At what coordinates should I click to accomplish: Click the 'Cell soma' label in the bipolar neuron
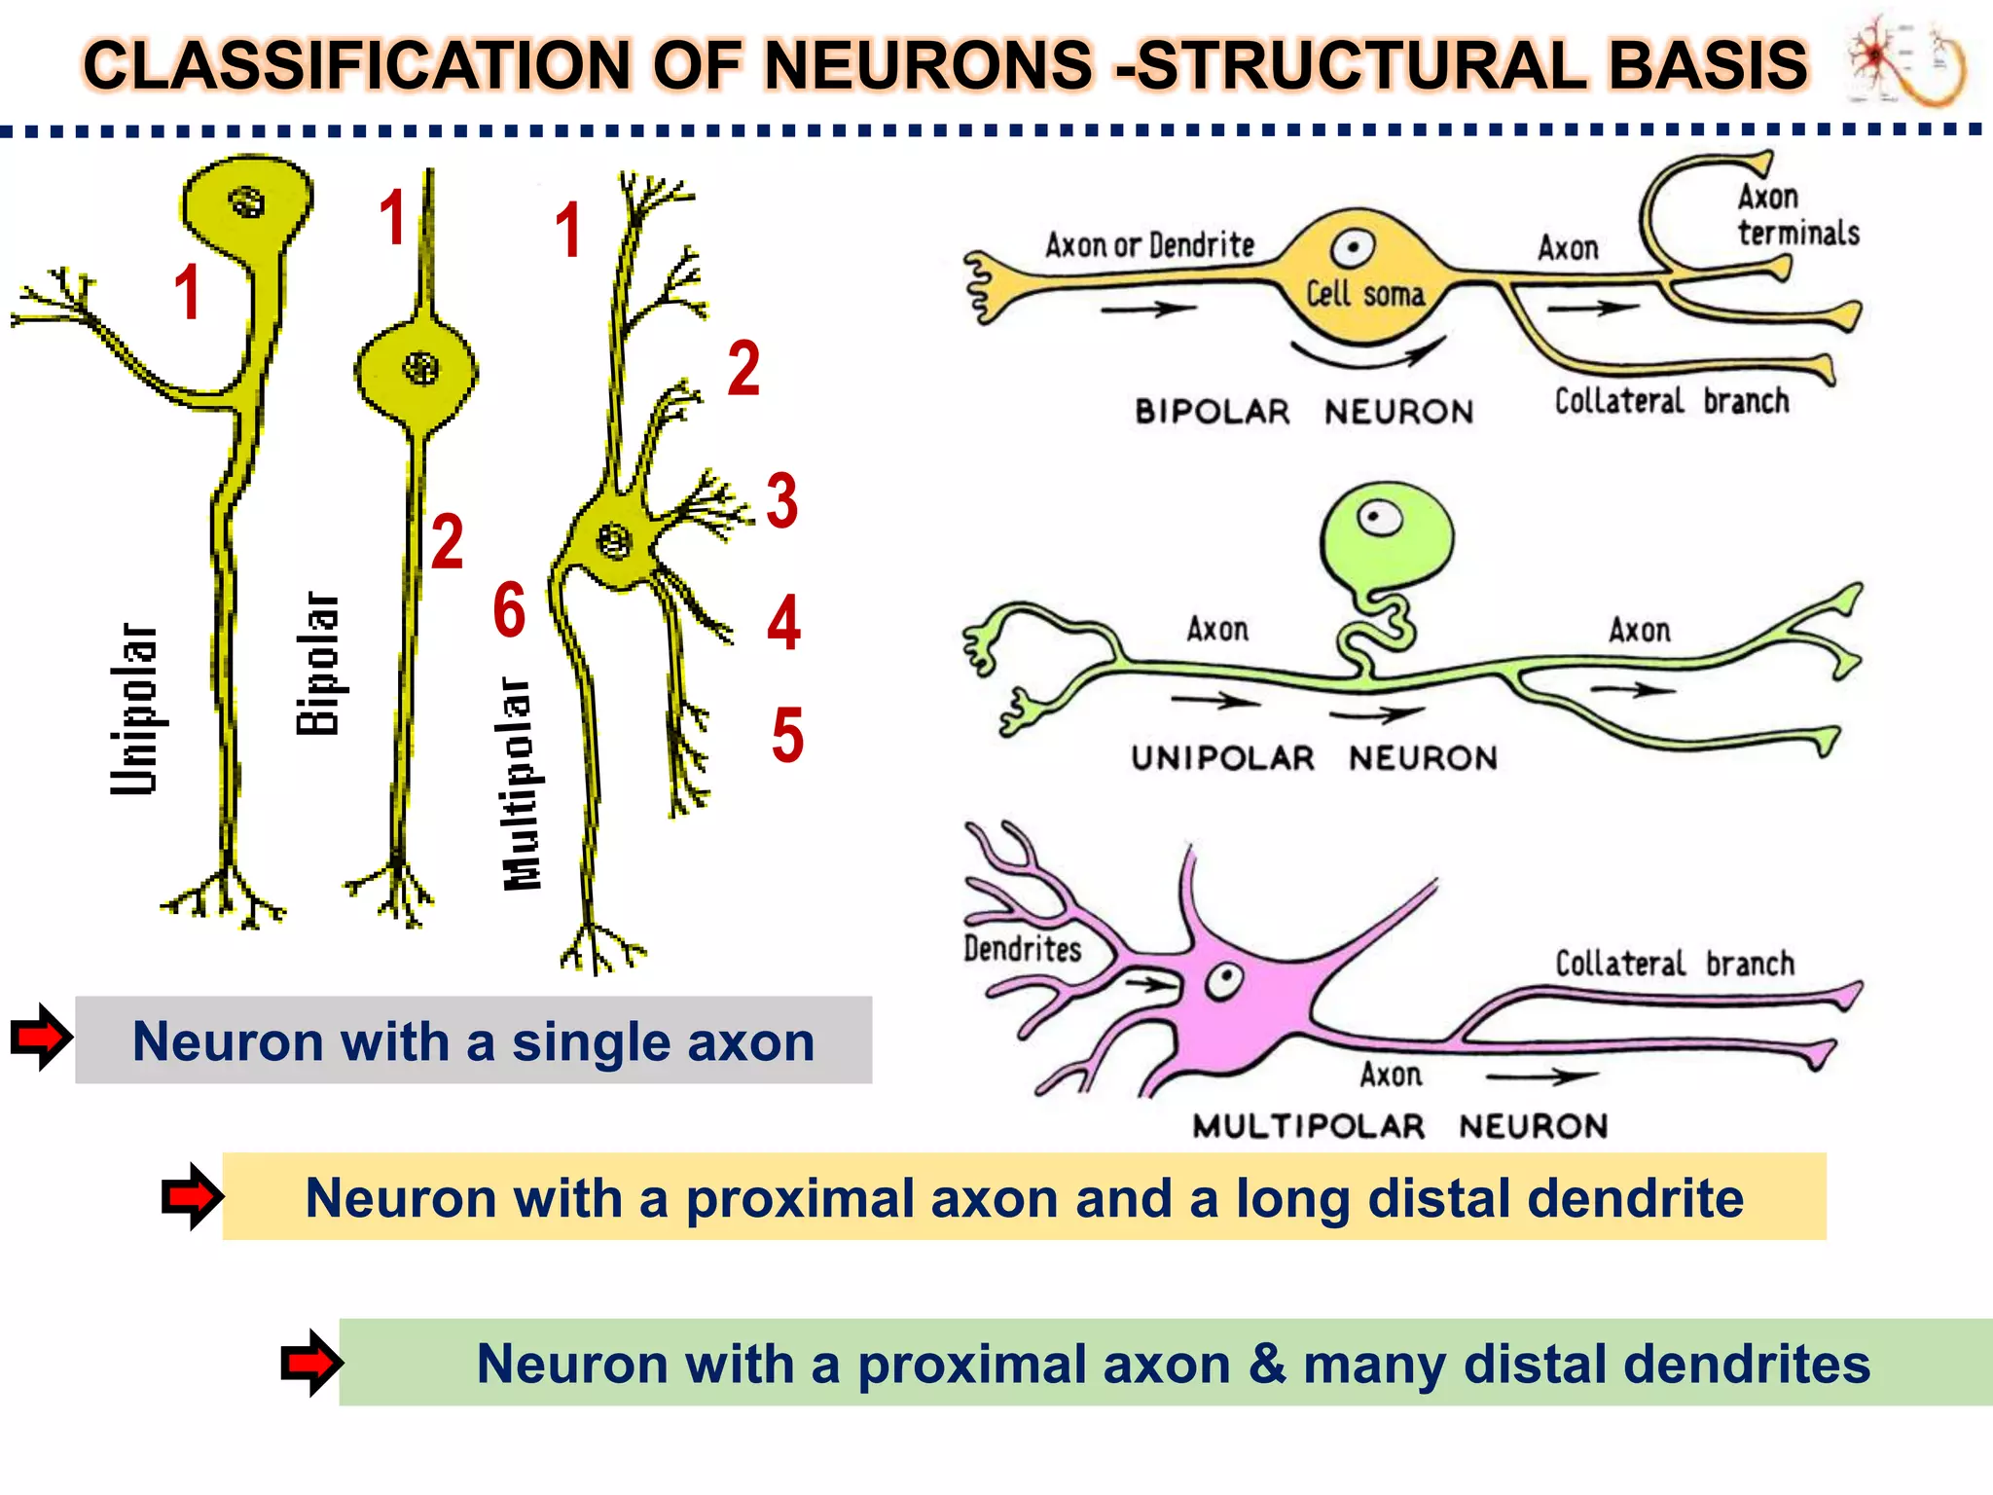pyautogui.click(x=1364, y=294)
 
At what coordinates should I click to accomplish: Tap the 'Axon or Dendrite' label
pyautogui.click(x=1149, y=245)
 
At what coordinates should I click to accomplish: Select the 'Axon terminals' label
pyautogui.click(x=1797, y=215)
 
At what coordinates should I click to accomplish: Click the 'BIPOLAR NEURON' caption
pyautogui.click(x=1303, y=412)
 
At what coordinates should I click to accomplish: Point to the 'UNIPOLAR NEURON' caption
pyautogui.click(x=1313, y=758)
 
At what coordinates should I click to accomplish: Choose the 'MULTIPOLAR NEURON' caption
pyautogui.click(x=1399, y=1126)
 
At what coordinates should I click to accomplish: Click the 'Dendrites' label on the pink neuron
pyautogui.click(x=1022, y=948)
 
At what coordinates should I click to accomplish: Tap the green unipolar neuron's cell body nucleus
pyautogui.click(x=1379, y=517)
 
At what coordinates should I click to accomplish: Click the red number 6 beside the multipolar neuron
pyautogui.click(x=509, y=610)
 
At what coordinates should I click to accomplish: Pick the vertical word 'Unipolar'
pyautogui.click(x=133, y=709)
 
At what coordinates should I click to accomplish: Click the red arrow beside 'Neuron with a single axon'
pyautogui.click(x=41, y=1038)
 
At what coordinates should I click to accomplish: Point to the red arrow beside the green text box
pyautogui.click(x=310, y=1363)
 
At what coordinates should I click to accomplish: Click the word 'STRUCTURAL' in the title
pyautogui.click(x=1362, y=65)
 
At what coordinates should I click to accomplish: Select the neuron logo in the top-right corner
pyautogui.click(x=1906, y=60)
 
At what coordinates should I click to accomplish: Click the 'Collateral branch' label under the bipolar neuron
pyautogui.click(x=1671, y=401)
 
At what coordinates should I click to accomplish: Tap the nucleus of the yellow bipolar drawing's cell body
pyautogui.click(x=420, y=368)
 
